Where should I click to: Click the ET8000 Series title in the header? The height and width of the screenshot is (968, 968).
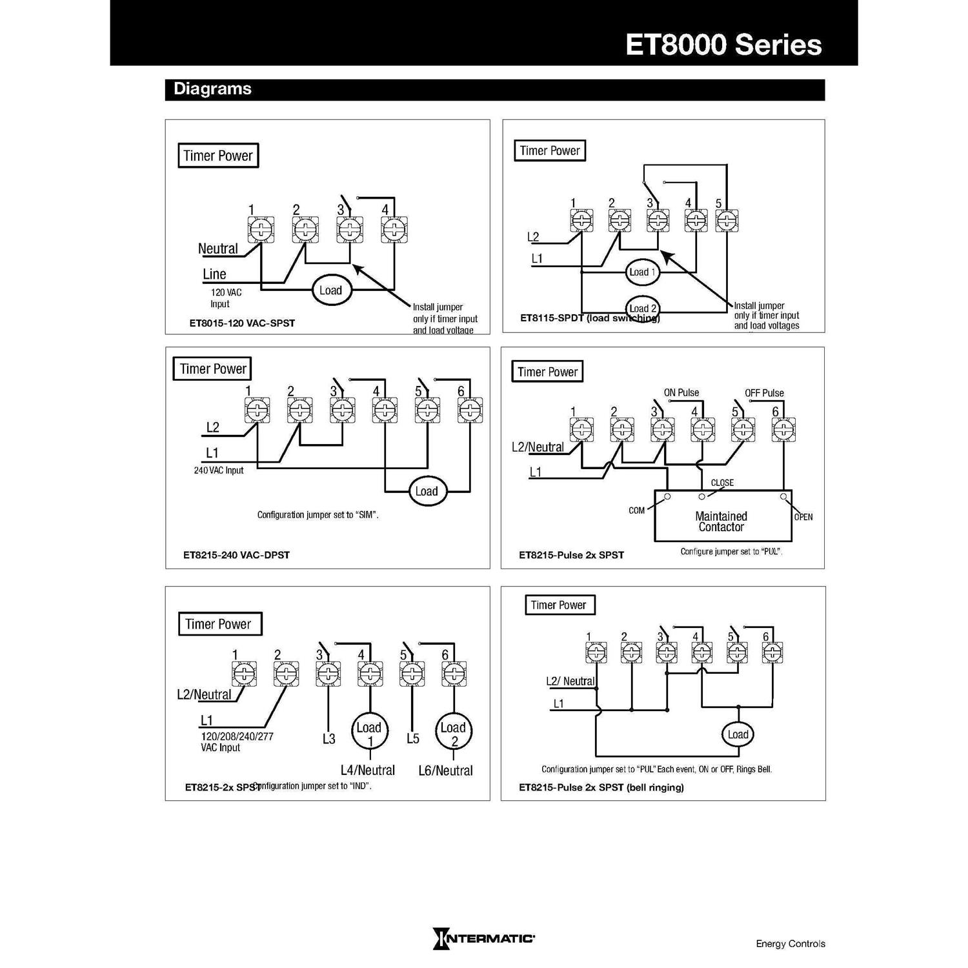(x=723, y=45)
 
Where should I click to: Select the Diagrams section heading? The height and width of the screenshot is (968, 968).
(x=212, y=89)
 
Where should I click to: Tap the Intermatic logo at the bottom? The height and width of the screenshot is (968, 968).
(x=484, y=938)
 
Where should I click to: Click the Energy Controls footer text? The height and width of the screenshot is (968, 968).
(x=790, y=943)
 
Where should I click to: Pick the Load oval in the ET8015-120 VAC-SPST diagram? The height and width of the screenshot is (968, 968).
(x=330, y=290)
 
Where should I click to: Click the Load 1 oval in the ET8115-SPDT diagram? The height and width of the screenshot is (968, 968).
(x=642, y=272)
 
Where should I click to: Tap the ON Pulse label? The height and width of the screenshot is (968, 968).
(x=681, y=392)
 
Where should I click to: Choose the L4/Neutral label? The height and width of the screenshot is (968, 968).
(x=368, y=770)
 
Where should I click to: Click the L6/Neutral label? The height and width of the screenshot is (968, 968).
(x=445, y=770)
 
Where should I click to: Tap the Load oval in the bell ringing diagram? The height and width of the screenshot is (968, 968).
(x=738, y=734)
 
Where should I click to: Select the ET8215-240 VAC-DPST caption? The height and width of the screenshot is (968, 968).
(x=236, y=555)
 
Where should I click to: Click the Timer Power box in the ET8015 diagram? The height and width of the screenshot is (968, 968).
(x=218, y=156)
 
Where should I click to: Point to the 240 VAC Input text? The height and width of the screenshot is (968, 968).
(x=219, y=470)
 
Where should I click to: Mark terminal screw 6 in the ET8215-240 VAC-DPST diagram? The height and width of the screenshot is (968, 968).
(x=470, y=410)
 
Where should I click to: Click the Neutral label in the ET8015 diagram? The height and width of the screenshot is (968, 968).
(x=217, y=249)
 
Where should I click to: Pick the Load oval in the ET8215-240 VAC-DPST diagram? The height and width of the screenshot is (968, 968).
(x=426, y=491)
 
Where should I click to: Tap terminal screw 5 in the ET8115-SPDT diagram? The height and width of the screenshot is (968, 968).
(x=727, y=221)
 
